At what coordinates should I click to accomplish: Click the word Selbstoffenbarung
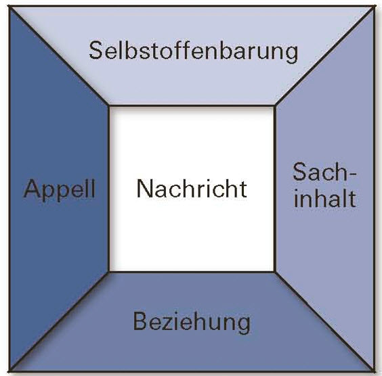tap(194, 51)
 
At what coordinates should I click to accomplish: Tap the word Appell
tap(59, 189)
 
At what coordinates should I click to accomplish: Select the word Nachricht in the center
tap(192, 189)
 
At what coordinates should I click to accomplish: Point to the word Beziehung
tap(192, 323)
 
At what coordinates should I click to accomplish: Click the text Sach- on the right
tap(324, 172)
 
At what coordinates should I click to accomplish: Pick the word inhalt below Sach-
tap(325, 198)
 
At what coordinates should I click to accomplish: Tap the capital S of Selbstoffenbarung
tap(95, 50)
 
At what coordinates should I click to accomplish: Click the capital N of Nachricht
tap(144, 189)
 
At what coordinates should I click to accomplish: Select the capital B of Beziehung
tap(140, 321)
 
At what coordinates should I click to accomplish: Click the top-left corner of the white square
tap(109, 106)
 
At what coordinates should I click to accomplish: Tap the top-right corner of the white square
tap(275, 106)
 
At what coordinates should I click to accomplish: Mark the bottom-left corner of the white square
tap(109, 271)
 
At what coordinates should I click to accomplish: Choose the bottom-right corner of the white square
tap(275, 271)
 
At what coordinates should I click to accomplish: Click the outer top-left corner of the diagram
tap(9, 7)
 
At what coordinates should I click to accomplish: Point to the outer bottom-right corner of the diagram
tap(374, 371)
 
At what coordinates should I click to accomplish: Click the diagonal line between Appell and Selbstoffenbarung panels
tap(59, 56)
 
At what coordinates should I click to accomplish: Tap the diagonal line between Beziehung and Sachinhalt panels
tap(324, 321)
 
